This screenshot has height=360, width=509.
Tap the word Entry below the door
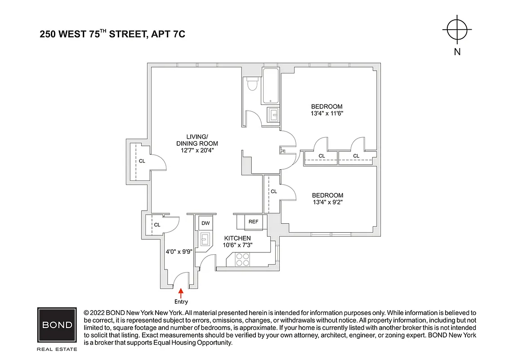tap(181, 302)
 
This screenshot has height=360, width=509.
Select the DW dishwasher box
tap(205, 223)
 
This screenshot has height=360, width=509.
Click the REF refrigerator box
tap(253, 221)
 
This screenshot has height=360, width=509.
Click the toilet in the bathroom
tap(252, 85)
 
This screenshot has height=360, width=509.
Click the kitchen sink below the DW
tap(206, 239)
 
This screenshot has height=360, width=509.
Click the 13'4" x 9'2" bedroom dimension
tap(327, 202)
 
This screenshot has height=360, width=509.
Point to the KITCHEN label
tap(237, 238)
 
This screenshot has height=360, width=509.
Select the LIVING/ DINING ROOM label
tap(197, 140)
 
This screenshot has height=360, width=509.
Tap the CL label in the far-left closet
tap(142, 161)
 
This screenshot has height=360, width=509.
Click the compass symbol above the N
tap(457, 30)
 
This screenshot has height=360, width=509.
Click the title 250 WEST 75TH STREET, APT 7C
tap(112, 34)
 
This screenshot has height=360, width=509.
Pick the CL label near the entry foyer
tap(157, 225)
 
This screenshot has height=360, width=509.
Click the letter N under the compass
tap(457, 52)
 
